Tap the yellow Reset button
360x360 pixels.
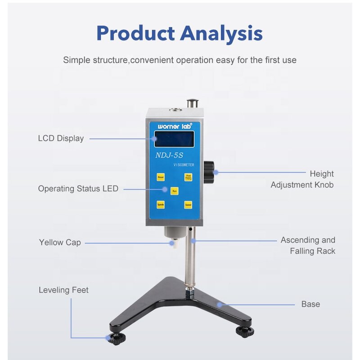pyautogui.click(x=161, y=177)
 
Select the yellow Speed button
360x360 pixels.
pyautogui.click(x=188, y=205)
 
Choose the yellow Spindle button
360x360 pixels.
pyautogui.click(x=161, y=205)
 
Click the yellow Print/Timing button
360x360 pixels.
pyautogui.click(x=188, y=177)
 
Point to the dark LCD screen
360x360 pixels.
pyautogui.click(x=174, y=139)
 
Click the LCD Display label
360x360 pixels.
pyautogui.click(x=61, y=138)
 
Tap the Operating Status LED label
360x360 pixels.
pyautogui.click(x=78, y=189)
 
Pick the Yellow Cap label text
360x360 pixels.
pyautogui.click(x=60, y=243)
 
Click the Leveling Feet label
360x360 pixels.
pyautogui.click(x=63, y=290)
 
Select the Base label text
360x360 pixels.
pyautogui.click(x=310, y=304)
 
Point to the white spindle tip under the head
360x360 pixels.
pyautogui.click(x=172, y=244)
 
